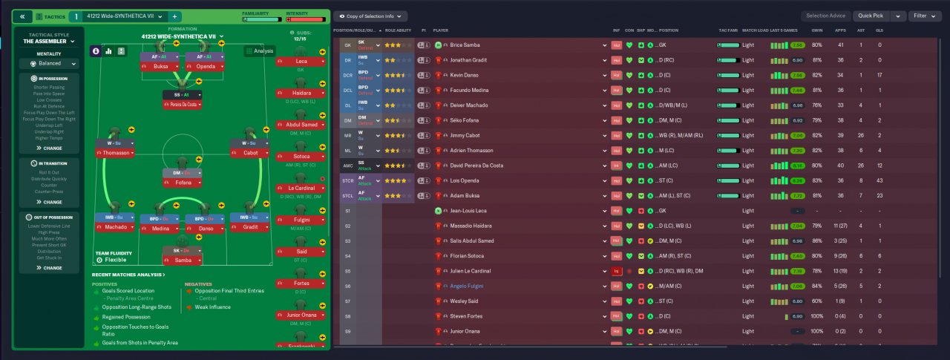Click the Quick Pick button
coord(870,16)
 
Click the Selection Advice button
coord(825,16)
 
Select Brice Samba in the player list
coord(466,45)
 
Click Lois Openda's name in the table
coord(465,180)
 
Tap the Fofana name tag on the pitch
coord(183,182)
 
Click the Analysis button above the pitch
coord(260,51)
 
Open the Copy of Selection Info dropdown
coord(370,16)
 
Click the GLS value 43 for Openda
coord(879,180)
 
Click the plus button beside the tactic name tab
coord(174,16)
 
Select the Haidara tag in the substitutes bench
coord(301,93)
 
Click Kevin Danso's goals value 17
coord(879,75)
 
